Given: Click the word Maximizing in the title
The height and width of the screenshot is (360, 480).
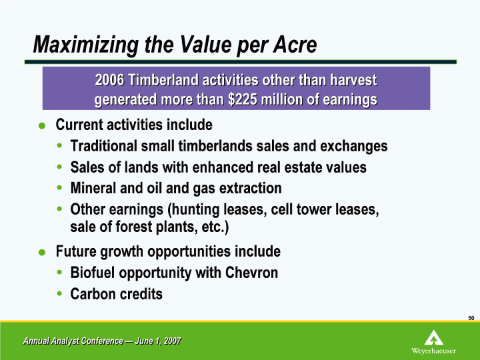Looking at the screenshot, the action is point(86,45).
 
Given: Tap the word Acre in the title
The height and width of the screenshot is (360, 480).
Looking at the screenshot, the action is point(295,45).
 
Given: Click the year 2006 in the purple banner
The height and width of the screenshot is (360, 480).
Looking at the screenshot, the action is point(109,81).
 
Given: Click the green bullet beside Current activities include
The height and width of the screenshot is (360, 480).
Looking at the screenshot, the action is point(42,125).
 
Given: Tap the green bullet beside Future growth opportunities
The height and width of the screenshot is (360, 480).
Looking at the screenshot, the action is point(42,252).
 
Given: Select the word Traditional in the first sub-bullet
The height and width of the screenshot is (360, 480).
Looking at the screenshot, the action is point(104,146).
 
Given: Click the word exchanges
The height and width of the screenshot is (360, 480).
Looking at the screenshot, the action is point(354,147).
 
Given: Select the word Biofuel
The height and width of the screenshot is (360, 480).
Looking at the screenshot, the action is point(93,273).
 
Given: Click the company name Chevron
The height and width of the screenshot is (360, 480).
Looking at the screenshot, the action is point(251,273).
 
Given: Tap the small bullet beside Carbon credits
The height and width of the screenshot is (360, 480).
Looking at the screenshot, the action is point(59,294).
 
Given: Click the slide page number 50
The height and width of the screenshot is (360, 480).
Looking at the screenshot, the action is point(471,318).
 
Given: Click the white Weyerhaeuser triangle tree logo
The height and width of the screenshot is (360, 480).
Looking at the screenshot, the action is point(434,337).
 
